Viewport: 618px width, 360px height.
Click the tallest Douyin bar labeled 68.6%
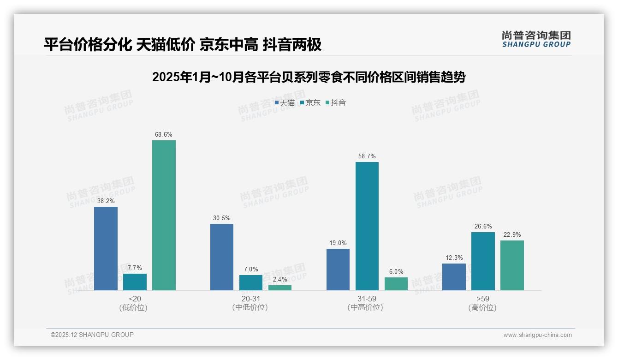[x=164, y=215]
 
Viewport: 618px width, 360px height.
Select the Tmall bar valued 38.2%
[x=106, y=248]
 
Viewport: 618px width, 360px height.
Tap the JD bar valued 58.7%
[x=367, y=226]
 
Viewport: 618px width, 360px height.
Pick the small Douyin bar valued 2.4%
[x=280, y=288]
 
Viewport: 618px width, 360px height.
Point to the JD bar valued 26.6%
[x=483, y=261]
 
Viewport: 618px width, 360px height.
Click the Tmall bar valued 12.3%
[x=454, y=277]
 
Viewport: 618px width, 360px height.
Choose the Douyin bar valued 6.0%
[x=396, y=284]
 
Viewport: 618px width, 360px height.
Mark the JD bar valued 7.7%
[x=135, y=282]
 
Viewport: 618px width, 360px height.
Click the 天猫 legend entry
[x=285, y=103]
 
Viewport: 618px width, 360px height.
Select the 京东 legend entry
[x=310, y=103]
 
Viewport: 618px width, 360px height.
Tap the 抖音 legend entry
[x=336, y=103]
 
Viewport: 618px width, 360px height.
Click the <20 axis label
[x=135, y=299]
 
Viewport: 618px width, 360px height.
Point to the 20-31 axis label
[x=250, y=299]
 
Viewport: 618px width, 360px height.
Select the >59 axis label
[x=483, y=299]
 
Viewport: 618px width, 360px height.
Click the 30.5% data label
[x=222, y=218]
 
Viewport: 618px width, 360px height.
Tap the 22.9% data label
[x=512, y=235]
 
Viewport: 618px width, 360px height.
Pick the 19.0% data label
[x=338, y=243]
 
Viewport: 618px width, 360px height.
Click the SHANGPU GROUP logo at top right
[x=536, y=39]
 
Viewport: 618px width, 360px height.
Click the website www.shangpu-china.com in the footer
[x=537, y=335]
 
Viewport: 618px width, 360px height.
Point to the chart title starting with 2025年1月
[x=309, y=77]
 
